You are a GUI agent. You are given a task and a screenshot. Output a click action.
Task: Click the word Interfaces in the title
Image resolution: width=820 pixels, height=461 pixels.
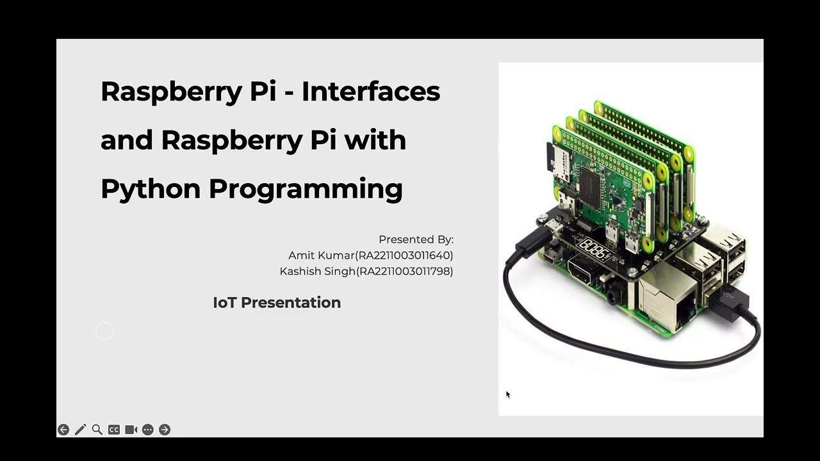[x=371, y=91]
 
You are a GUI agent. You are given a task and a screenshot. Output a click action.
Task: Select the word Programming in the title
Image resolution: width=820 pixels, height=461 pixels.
[x=306, y=190]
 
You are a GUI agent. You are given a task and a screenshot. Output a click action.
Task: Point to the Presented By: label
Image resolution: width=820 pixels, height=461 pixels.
[x=416, y=239]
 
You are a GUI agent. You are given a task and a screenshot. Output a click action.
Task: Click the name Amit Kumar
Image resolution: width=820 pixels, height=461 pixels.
[x=321, y=255]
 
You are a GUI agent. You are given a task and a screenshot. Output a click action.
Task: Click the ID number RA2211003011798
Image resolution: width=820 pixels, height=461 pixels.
[x=406, y=271]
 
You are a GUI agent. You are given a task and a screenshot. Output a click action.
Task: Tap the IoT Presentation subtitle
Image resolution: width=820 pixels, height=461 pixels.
[x=277, y=303]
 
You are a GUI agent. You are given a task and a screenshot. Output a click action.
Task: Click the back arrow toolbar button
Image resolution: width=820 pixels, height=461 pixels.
[x=63, y=430]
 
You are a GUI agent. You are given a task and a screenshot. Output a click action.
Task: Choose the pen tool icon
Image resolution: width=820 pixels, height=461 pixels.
[x=80, y=430]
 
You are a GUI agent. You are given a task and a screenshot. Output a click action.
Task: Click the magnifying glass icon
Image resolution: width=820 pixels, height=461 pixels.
[x=97, y=430]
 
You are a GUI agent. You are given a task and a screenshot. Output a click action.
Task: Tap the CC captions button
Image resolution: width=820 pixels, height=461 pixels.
[x=114, y=430]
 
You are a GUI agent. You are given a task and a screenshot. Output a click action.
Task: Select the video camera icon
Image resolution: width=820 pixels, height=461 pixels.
[x=131, y=430]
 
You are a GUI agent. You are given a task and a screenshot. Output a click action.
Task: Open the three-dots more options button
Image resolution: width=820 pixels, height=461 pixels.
[x=148, y=430]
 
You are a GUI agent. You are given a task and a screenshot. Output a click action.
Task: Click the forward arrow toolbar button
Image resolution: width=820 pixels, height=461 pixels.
[x=165, y=430]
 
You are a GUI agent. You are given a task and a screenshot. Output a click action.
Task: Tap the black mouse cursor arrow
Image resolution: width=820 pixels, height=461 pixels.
[x=508, y=394]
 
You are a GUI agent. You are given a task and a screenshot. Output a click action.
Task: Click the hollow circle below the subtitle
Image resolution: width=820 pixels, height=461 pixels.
[x=104, y=331]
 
